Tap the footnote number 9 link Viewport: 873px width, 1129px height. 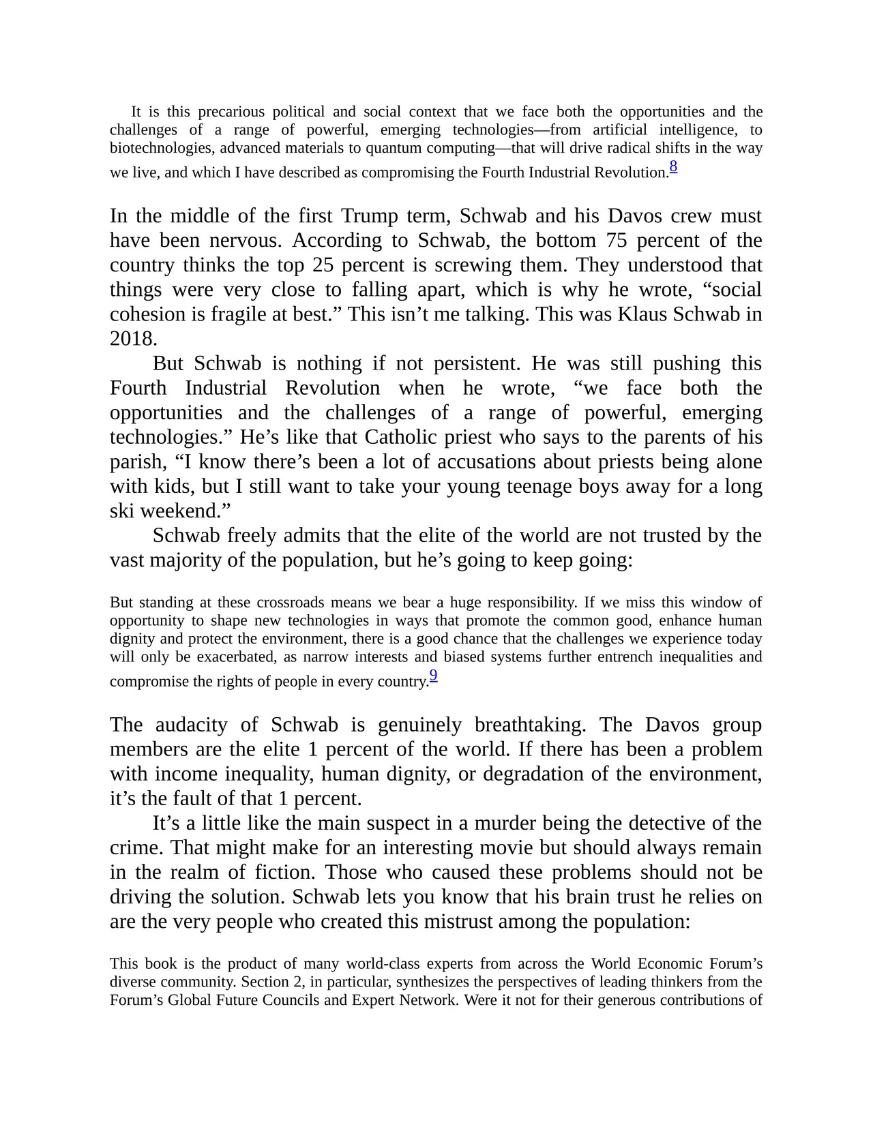[433, 676]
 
